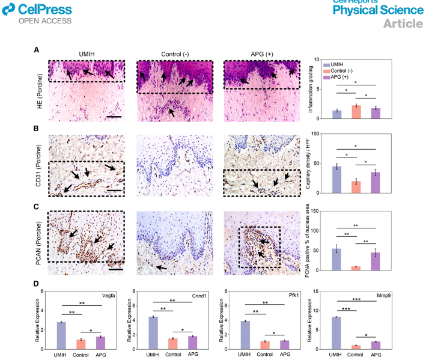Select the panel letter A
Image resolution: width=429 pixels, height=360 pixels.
click(37, 51)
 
